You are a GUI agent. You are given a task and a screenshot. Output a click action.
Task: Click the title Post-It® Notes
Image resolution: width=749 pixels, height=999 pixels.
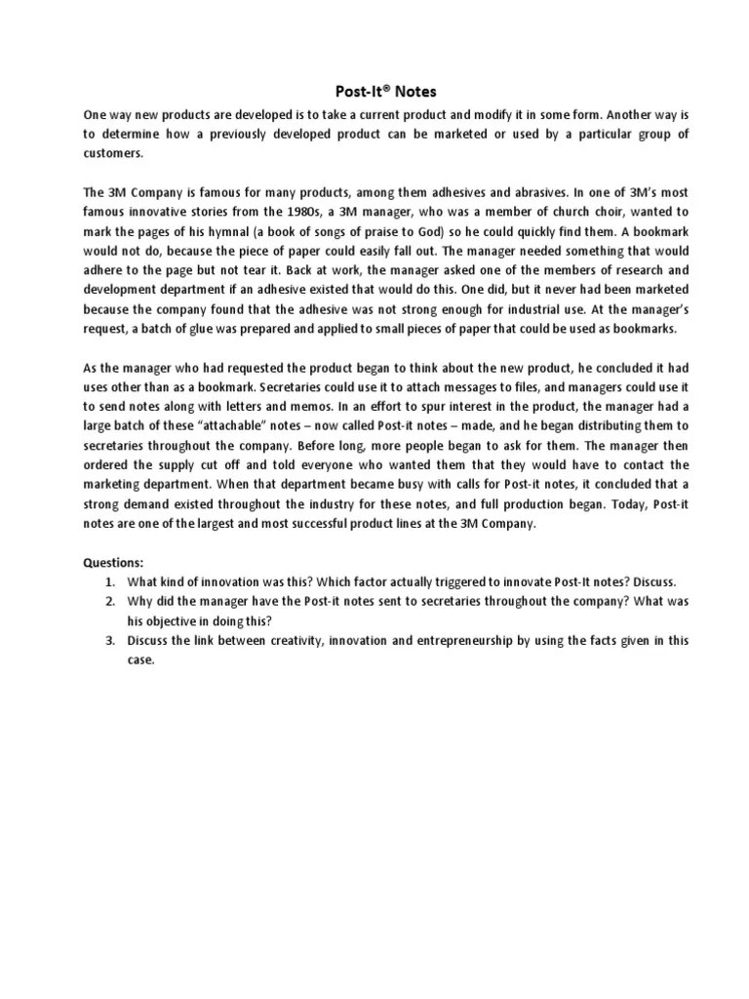[374, 91]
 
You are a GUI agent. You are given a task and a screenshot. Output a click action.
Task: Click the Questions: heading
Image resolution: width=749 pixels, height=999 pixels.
[112, 562]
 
